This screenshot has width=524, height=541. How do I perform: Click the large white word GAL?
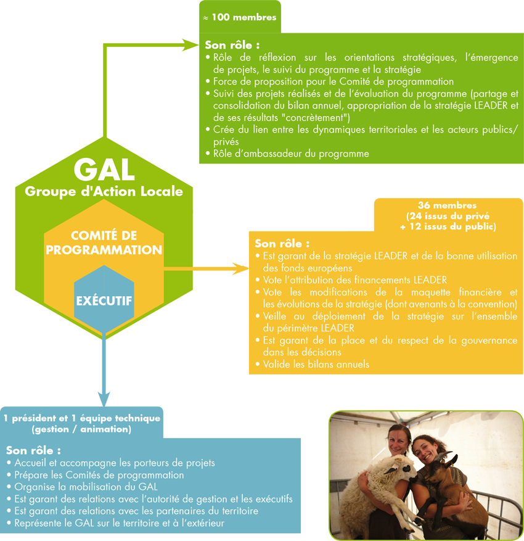coord(104,170)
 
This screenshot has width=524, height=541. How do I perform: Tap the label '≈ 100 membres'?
coord(240,17)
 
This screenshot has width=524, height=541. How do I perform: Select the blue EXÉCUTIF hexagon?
coord(104,299)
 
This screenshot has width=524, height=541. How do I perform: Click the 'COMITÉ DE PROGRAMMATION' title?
coord(104,242)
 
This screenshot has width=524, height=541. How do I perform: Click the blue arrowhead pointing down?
coord(104,399)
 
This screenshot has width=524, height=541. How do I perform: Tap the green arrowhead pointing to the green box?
coord(190,45)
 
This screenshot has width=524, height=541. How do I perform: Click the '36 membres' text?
coord(447,205)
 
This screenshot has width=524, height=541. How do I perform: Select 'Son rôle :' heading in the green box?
coord(232,45)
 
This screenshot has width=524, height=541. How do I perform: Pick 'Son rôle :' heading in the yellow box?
coord(282,244)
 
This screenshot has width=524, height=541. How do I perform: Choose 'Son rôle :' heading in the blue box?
coord(33,450)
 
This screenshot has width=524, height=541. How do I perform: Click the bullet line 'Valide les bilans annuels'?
coord(313,365)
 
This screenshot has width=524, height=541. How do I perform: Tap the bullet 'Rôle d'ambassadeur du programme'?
coord(287,154)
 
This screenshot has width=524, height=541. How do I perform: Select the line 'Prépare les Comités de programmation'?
coord(96,475)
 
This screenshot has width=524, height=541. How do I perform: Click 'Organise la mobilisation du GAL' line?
coord(83,487)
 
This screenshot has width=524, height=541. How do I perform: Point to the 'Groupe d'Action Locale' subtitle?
coord(104,191)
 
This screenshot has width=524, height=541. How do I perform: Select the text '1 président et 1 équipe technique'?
coord(82,418)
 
